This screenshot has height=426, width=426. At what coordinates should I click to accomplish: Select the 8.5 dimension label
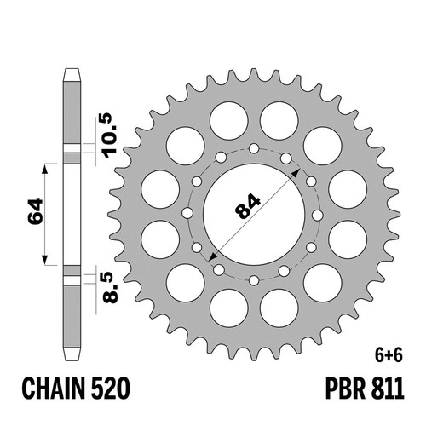point(110,287)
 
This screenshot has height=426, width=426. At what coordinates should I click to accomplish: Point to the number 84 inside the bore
point(247,206)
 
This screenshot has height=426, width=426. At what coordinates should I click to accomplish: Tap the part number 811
point(388,389)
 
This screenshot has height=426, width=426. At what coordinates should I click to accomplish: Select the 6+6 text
point(389,356)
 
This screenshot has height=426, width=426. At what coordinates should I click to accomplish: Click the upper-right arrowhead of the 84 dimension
point(297,171)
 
